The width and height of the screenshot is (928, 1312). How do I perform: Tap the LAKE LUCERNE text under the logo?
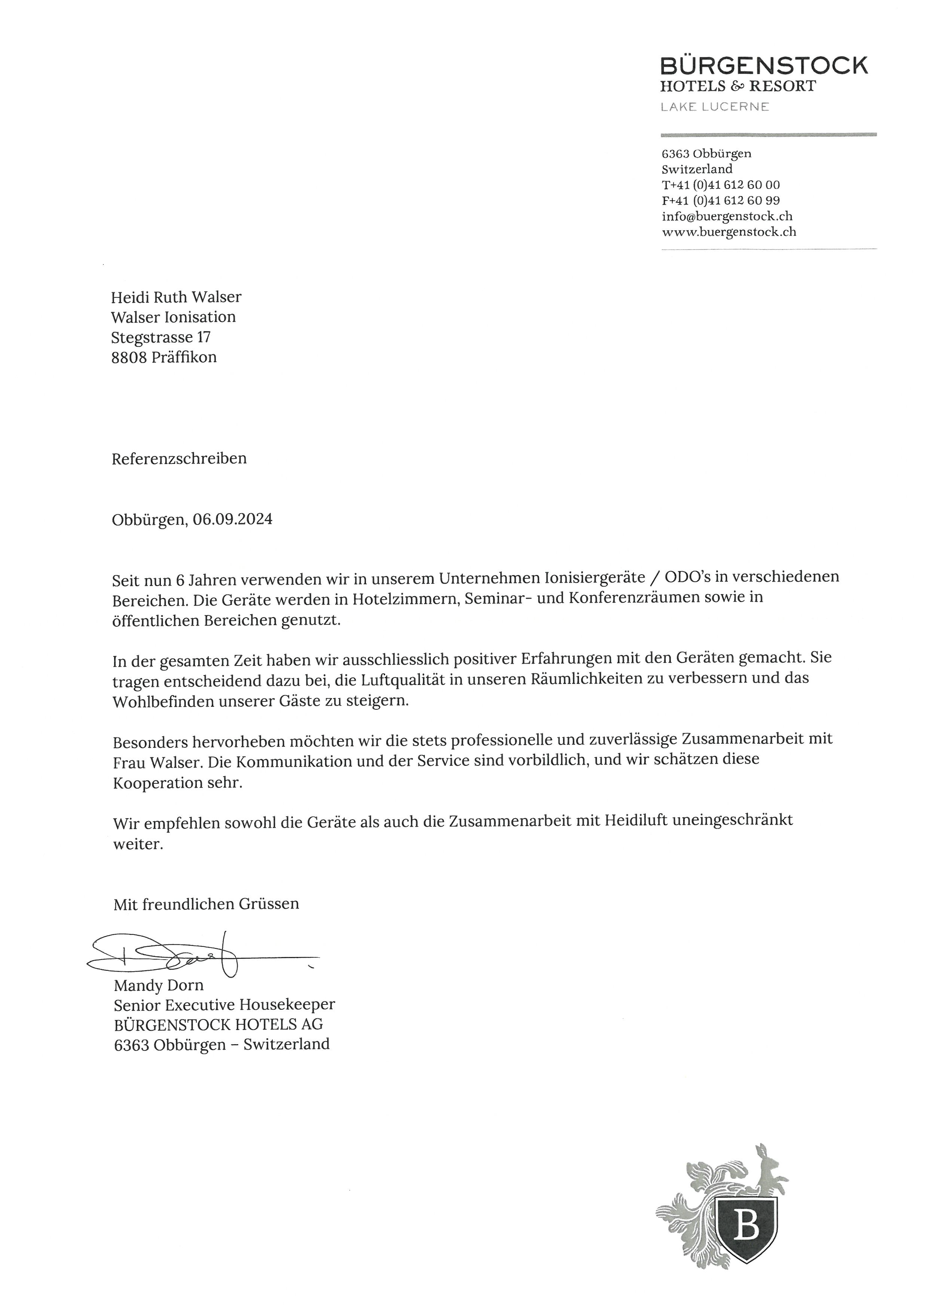(714, 107)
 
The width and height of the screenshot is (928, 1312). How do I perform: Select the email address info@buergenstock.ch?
(727, 216)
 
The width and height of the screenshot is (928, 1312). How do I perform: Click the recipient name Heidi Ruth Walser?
(176, 297)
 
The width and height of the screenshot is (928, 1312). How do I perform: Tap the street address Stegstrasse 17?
(161, 337)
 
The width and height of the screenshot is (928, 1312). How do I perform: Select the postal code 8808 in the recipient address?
(129, 358)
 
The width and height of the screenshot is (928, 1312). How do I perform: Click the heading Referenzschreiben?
(179, 459)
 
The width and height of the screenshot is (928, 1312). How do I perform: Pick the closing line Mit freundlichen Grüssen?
(206, 904)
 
